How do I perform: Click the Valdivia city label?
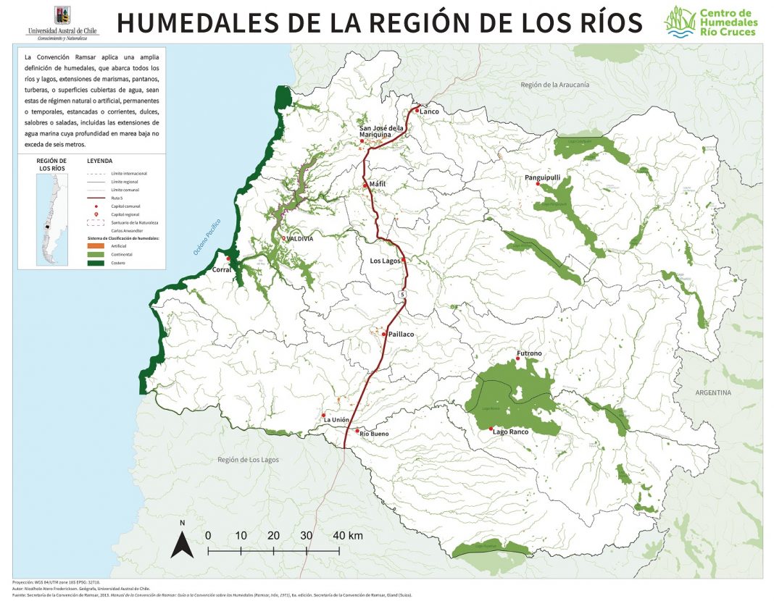[301, 238]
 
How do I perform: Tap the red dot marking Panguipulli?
[538, 184]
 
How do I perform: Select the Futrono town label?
[529, 353]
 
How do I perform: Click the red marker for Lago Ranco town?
[493, 432]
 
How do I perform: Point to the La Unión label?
[336, 420]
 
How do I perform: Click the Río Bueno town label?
[375, 434]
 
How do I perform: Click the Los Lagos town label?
[386, 261]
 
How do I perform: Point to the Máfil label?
[378, 185]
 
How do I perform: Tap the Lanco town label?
[429, 111]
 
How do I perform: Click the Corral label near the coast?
[221, 269]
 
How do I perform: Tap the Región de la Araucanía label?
[554, 85]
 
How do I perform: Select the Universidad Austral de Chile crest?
[63, 14]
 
